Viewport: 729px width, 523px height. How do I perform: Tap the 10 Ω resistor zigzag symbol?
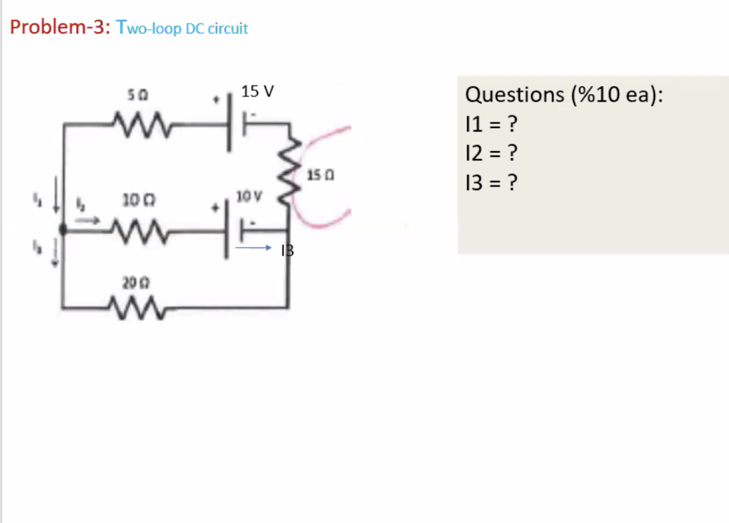(x=140, y=229)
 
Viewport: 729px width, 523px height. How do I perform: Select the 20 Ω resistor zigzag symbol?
(x=139, y=307)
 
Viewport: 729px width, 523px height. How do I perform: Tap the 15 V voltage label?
(x=257, y=92)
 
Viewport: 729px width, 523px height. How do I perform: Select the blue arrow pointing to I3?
(x=253, y=249)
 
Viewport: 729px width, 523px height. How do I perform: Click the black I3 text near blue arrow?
(x=288, y=250)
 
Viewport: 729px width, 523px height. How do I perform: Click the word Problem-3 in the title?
(x=57, y=28)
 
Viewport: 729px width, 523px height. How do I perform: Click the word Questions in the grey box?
(x=513, y=95)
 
